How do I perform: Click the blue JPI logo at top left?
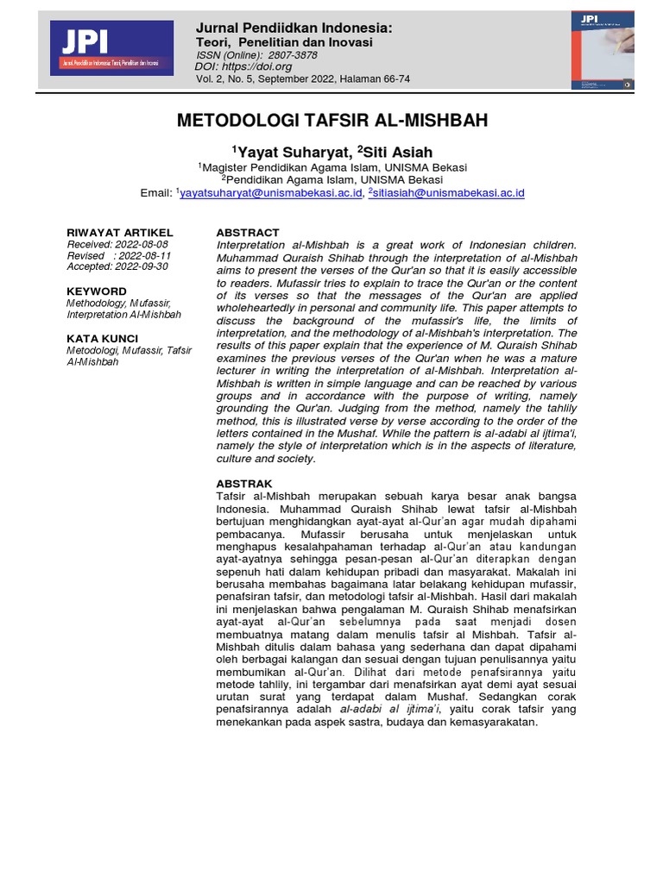[111, 48]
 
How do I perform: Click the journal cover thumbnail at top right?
[603, 50]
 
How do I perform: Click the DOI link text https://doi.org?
[258, 66]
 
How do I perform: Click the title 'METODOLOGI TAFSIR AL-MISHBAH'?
[331, 120]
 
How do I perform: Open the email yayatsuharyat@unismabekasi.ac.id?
[271, 193]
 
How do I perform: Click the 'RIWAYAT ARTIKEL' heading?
[120, 233]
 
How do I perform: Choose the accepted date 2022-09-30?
[141, 267]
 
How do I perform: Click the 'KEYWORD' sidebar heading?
[97, 291]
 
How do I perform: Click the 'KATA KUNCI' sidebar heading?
[103, 339]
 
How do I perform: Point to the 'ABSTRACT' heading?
[248, 233]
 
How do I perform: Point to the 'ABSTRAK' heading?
[244, 484]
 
